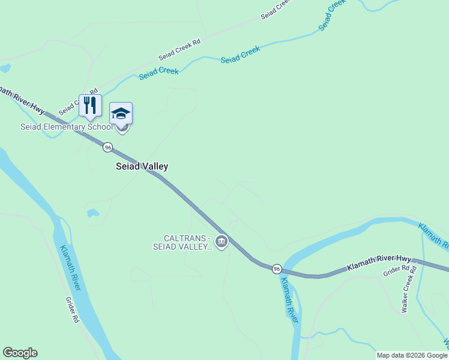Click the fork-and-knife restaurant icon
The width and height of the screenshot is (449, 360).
tap(90, 106)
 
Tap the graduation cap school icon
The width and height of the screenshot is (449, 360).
tap(121, 113)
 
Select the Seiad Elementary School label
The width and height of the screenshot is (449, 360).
tap(66, 127)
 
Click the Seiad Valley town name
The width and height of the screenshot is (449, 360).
tap(142, 166)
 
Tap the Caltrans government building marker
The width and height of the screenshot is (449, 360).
tap(221, 242)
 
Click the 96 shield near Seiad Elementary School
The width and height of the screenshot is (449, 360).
tap(107, 147)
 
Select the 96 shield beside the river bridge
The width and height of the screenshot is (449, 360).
tap(276, 268)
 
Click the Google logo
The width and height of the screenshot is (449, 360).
tap(20, 353)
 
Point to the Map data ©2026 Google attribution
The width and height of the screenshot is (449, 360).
tap(412, 355)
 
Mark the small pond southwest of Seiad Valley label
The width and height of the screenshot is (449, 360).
tap(92, 212)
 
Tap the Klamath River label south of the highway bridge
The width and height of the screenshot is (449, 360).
tap(289, 300)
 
